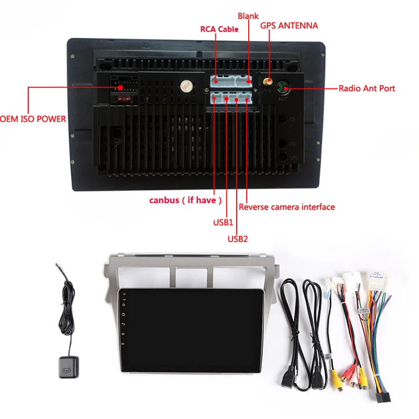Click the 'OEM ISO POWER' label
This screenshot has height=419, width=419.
pyautogui.click(x=32, y=119)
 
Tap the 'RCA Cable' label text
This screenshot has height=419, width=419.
pyautogui.click(x=219, y=29)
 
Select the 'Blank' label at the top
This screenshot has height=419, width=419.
pyautogui.click(x=248, y=16)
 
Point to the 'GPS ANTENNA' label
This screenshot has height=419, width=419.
pyautogui.click(x=289, y=26)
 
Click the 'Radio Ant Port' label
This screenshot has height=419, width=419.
pyautogui.click(x=367, y=89)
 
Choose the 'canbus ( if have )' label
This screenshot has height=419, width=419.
pyautogui.click(x=185, y=200)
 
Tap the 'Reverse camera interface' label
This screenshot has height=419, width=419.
pyautogui.click(x=286, y=207)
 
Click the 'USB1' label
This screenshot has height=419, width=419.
pyautogui.click(x=223, y=222)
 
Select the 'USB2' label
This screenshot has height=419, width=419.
pyautogui.click(x=238, y=239)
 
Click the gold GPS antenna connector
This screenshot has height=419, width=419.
pyautogui.click(x=268, y=81)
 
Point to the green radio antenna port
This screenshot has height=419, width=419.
pyautogui.click(x=282, y=87)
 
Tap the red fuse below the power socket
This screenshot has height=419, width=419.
pyautogui.click(x=124, y=99)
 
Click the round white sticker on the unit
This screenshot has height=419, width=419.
pyautogui.click(x=186, y=86)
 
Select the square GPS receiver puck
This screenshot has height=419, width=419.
pyautogui.click(x=69, y=368)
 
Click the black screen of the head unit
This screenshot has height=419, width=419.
pyautogui.click(x=191, y=330)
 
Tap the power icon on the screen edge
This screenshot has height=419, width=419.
pyautogui.click(x=124, y=305)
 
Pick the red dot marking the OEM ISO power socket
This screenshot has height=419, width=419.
pyautogui.click(x=120, y=87)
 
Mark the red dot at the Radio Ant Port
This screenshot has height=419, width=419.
pyautogui.click(x=286, y=89)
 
